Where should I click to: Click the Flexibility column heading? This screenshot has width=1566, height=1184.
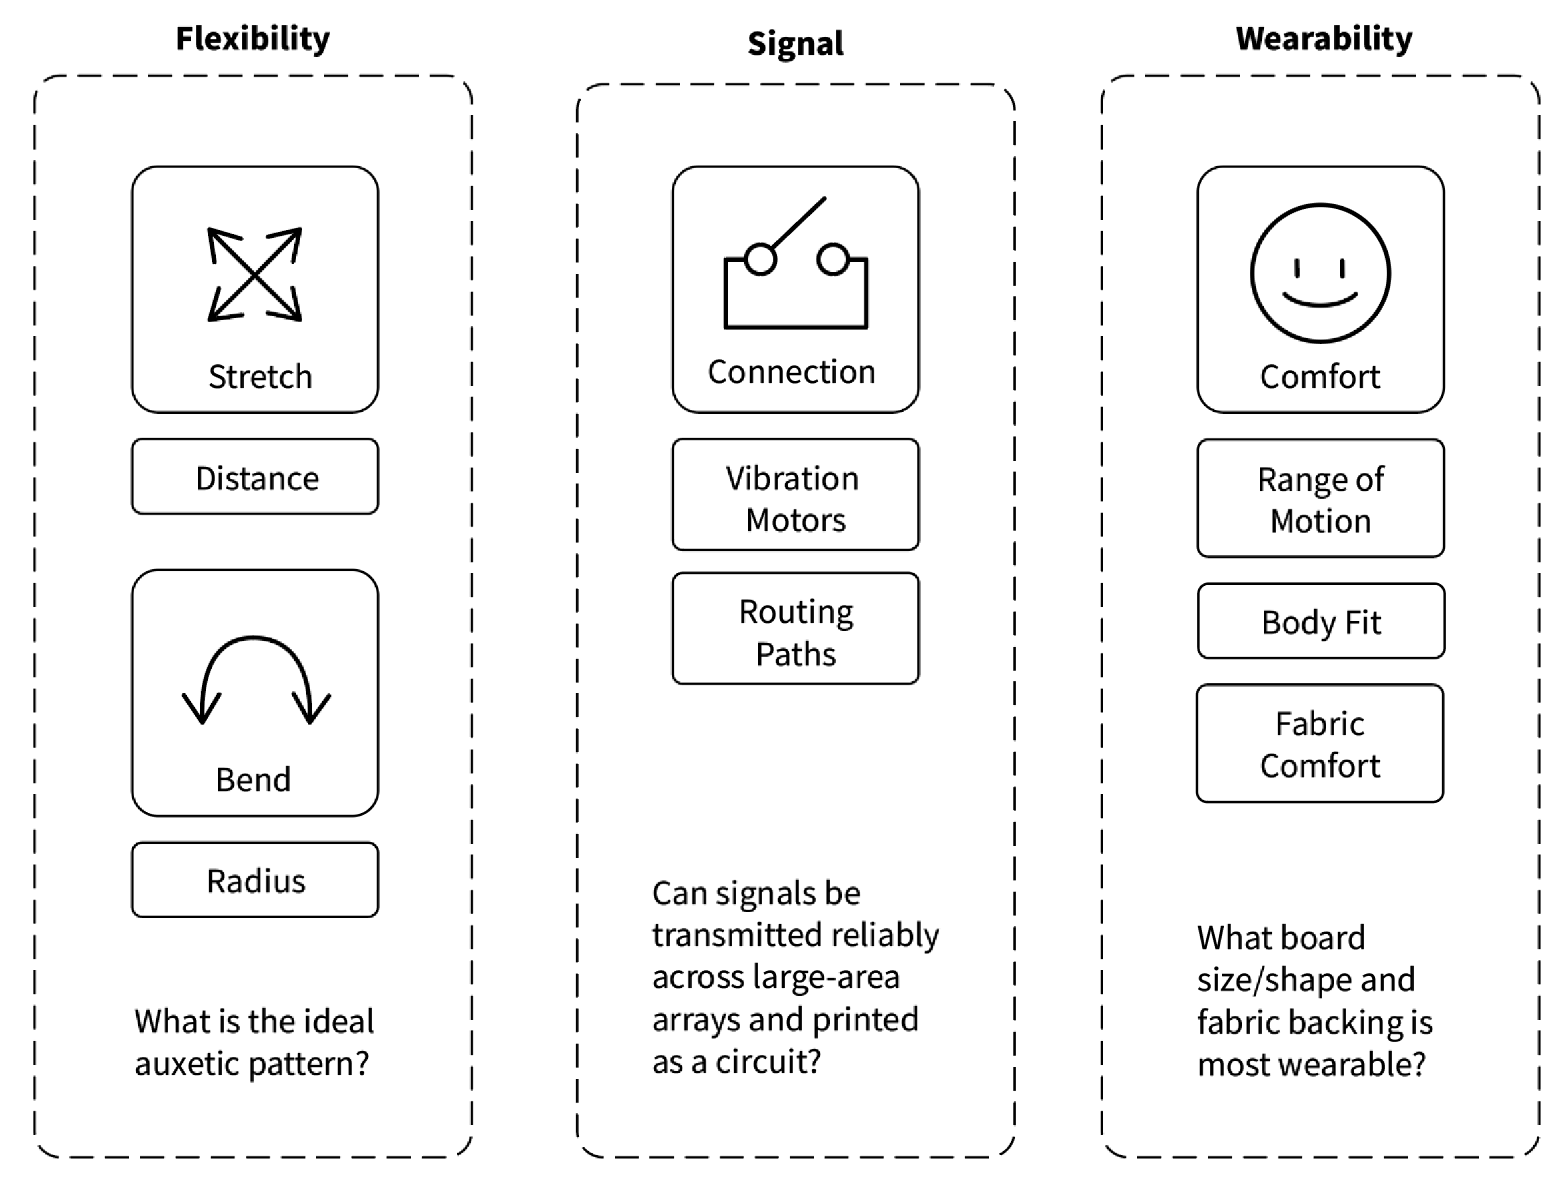[x=253, y=39]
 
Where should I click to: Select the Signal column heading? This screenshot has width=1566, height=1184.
[x=796, y=44]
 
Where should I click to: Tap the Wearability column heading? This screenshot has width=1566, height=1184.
[x=1324, y=39]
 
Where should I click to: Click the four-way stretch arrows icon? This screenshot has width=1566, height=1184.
[x=255, y=274]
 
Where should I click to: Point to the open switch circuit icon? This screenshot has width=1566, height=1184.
[x=796, y=263]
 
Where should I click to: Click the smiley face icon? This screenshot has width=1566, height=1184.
[x=1320, y=273]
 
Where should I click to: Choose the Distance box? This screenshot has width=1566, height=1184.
[x=255, y=477]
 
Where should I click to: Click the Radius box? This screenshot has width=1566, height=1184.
[x=255, y=880]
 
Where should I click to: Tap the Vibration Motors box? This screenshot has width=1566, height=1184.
[x=796, y=495]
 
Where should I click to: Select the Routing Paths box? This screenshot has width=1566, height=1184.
[x=796, y=629]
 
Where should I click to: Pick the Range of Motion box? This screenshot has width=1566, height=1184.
[x=1320, y=499]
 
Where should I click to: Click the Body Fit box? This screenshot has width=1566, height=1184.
[x=1321, y=621]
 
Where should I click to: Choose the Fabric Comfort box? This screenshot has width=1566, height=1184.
[x=1320, y=743]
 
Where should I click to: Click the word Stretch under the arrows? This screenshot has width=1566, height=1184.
[x=260, y=376]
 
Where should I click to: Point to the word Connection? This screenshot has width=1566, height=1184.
[x=792, y=372]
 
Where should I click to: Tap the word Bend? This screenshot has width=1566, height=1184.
[x=253, y=779]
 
